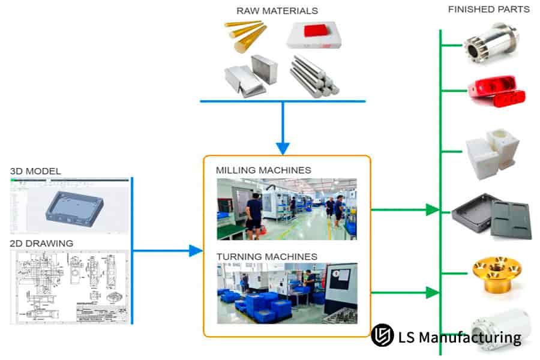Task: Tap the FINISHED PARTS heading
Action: click(488, 10)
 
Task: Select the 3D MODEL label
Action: click(35, 171)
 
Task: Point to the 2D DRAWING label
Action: click(41, 243)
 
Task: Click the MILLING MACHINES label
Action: click(263, 170)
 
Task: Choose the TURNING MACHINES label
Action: click(267, 257)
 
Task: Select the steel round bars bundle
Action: click(314, 77)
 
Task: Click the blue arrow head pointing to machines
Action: click(196, 251)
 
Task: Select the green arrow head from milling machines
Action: click(432, 210)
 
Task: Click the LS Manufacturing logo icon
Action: click(382, 336)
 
